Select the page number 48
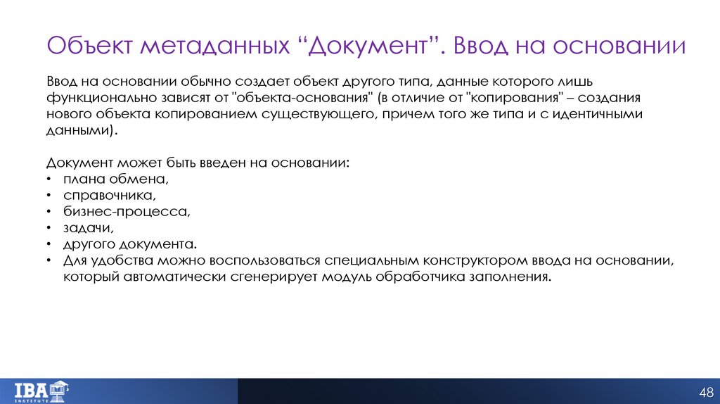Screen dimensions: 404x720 pyautogui.click(x=705, y=391)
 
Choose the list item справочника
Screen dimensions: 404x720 pyautogui.click(x=108, y=195)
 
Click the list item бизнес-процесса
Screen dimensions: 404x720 pyautogui.click(x=127, y=212)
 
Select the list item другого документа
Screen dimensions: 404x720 pyautogui.click(x=129, y=245)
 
